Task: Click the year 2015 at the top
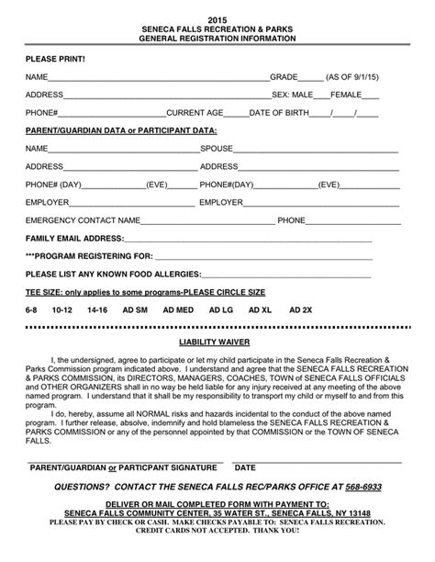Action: (x=217, y=18)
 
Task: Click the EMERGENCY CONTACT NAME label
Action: (x=84, y=220)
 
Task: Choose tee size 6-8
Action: (x=33, y=310)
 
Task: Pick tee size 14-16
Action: (x=97, y=310)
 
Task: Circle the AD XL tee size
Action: (x=261, y=310)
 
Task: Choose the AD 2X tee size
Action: (x=301, y=310)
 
